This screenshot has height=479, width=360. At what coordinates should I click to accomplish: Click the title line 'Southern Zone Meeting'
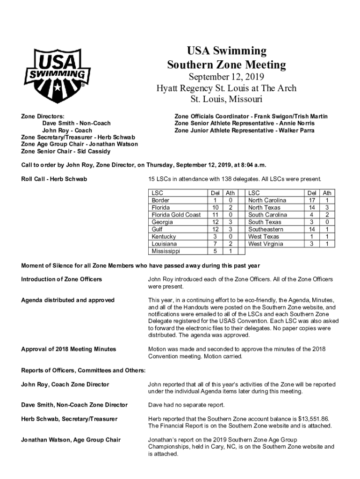click(226, 65)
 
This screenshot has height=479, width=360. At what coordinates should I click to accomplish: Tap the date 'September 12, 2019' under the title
click(226, 77)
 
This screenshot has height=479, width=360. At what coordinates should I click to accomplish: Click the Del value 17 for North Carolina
click(312, 200)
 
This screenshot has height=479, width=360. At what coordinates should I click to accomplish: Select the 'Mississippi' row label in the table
click(166, 251)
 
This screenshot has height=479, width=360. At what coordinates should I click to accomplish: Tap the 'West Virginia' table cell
click(266, 244)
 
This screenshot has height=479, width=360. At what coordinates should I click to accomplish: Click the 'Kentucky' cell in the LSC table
click(164, 237)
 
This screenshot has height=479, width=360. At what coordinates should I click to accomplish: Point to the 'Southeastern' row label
click(266, 229)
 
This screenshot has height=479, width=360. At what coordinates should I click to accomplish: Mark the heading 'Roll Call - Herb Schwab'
click(54, 179)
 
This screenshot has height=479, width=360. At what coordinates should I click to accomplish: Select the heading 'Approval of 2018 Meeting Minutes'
click(69, 349)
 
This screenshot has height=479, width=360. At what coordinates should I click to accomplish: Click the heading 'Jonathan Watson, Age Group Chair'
click(71, 440)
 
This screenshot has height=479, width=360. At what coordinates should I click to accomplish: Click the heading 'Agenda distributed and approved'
click(68, 300)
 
